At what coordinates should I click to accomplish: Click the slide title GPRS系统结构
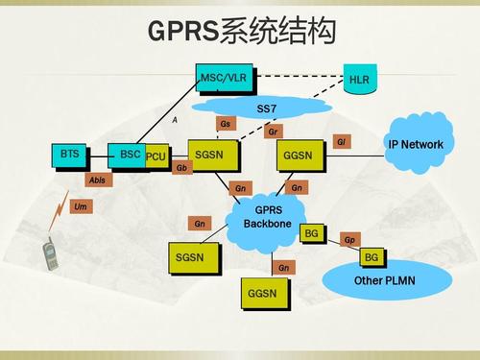click(x=241, y=31)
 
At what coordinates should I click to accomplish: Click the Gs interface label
click(x=226, y=124)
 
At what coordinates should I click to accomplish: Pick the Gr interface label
click(x=275, y=131)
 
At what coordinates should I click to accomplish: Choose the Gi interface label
click(x=341, y=142)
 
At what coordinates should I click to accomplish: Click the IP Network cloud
click(x=416, y=144)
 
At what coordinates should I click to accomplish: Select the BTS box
click(x=70, y=154)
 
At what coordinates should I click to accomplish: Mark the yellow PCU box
click(x=157, y=156)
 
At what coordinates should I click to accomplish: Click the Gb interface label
click(x=182, y=167)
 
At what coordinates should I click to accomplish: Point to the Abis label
click(x=98, y=180)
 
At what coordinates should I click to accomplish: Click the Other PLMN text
click(x=381, y=280)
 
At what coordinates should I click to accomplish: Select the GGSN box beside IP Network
click(x=298, y=155)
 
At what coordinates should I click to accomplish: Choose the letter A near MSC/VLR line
click(x=175, y=119)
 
